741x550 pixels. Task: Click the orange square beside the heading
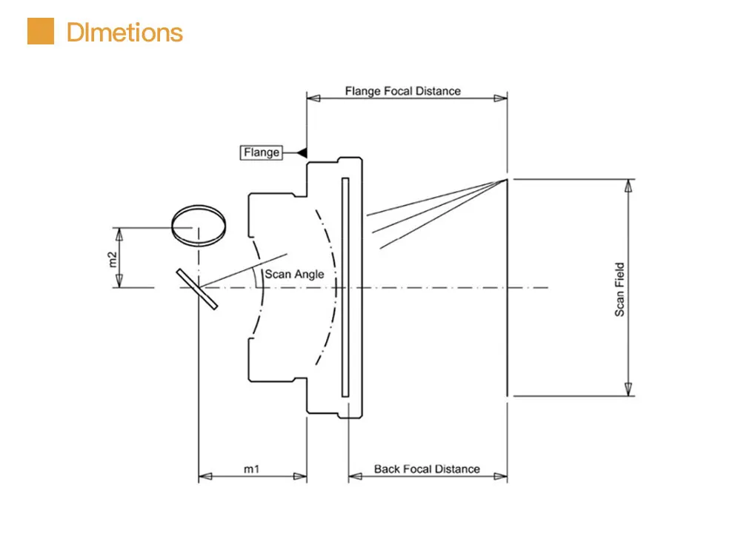pyautogui.click(x=41, y=31)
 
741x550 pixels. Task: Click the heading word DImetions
pyautogui.click(x=124, y=33)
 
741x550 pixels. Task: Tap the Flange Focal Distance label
pyautogui.click(x=402, y=90)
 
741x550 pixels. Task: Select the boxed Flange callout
pyautogui.click(x=262, y=152)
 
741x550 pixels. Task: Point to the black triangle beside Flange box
pyautogui.click(x=302, y=152)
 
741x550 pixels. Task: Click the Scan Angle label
pyautogui.click(x=294, y=274)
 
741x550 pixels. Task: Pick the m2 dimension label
pyautogui.click(x=113, y=260)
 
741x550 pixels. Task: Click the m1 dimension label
pyautogui.click(x=251, y=469)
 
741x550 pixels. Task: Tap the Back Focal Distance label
pyautogui.click(x=427, y=469)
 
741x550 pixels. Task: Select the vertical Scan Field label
pyautogui.click(x=619, y=289)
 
